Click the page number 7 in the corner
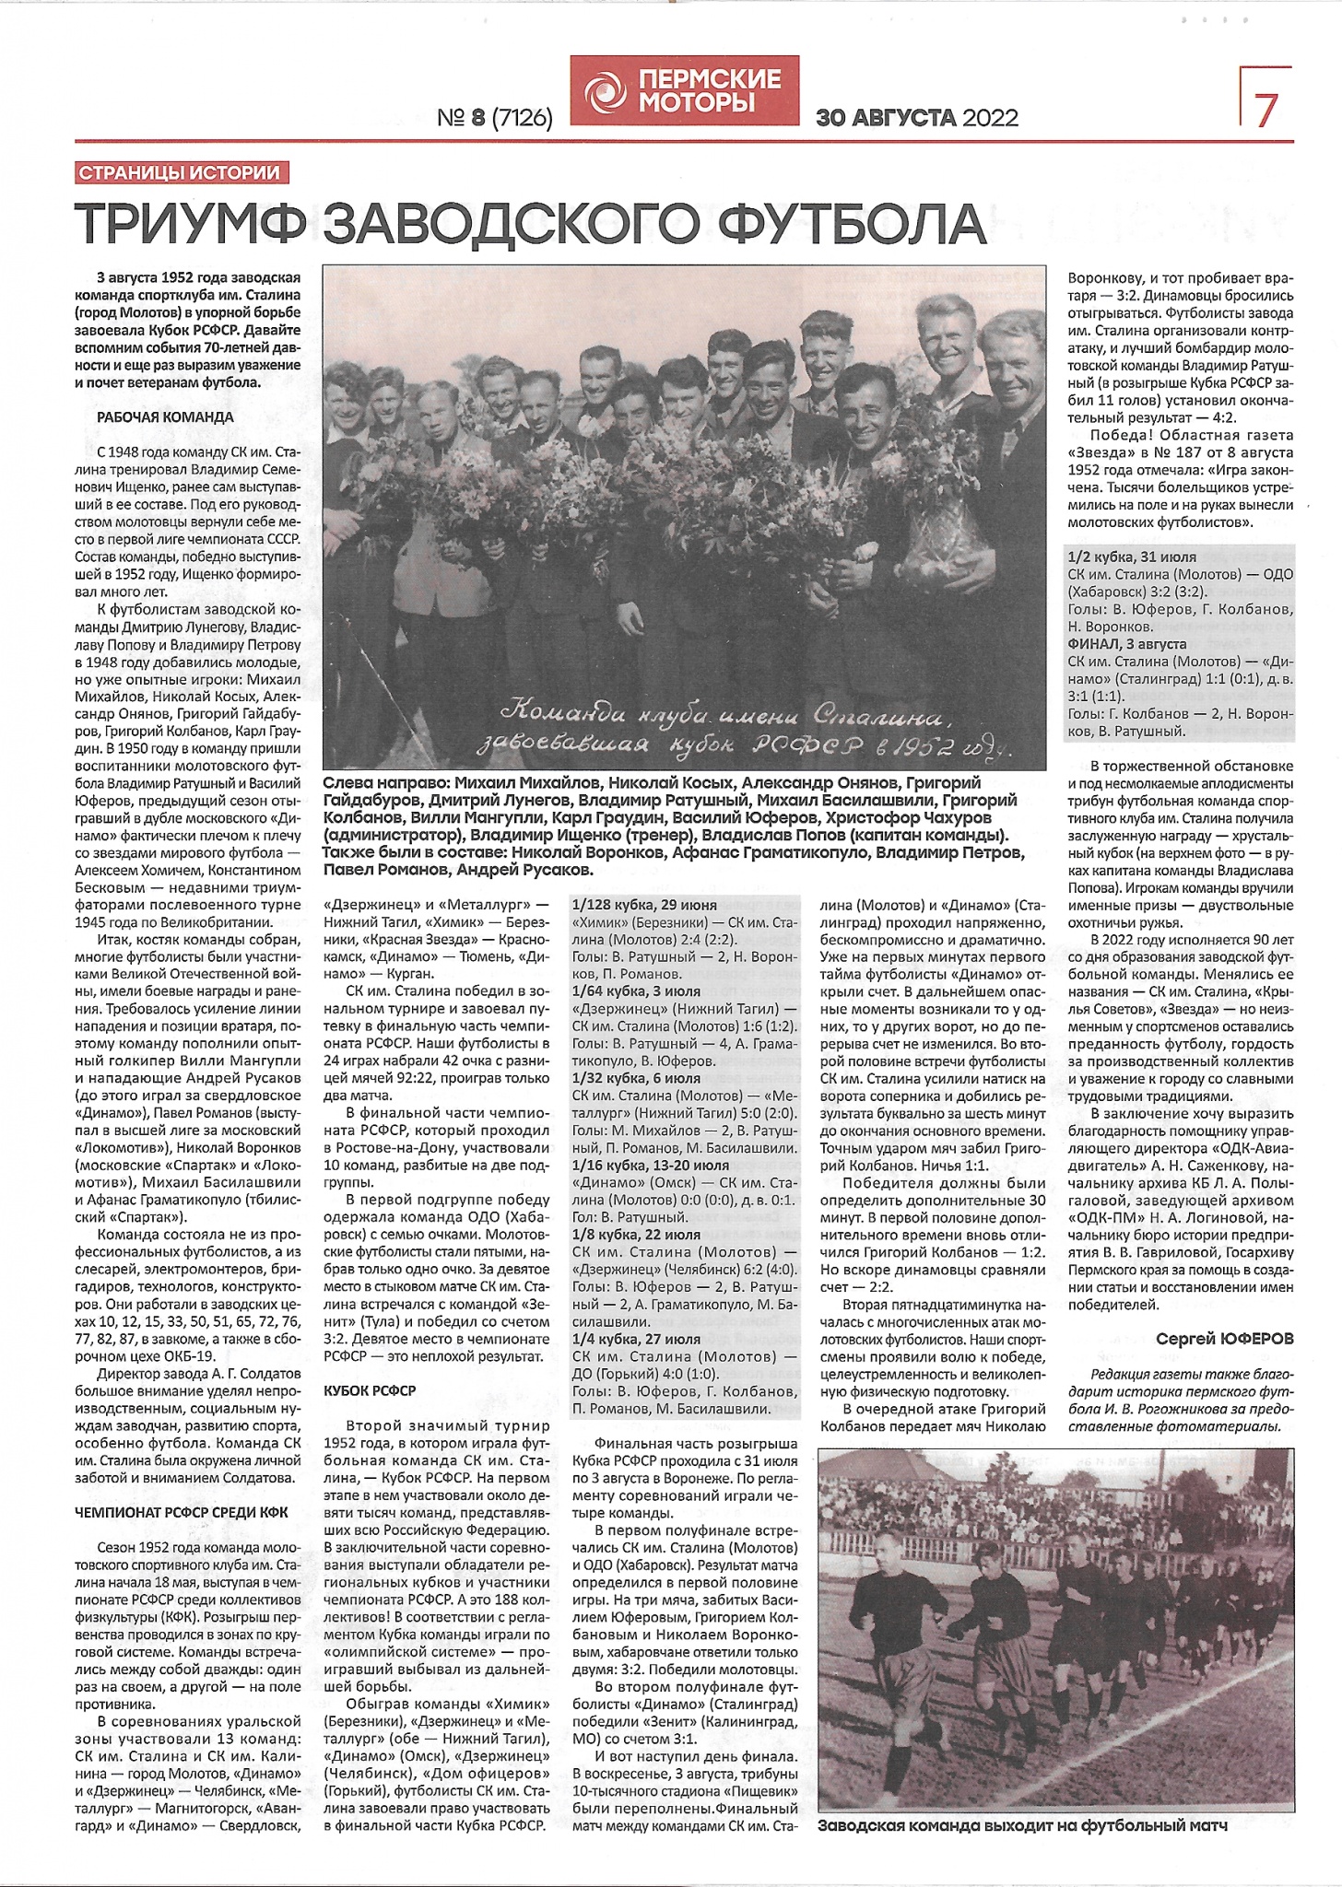point(1266,110)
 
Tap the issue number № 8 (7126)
point(495,118)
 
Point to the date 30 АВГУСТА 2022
point(917,118)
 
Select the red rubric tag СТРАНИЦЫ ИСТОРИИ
point(179,172)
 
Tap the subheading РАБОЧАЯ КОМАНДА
point(165,417)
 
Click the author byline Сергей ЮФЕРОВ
point(1224,1339)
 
